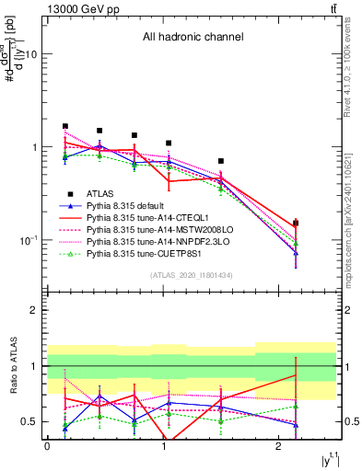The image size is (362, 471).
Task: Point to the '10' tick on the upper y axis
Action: (x=29, y=54)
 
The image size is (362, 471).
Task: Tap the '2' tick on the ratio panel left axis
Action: (x=34, y=311)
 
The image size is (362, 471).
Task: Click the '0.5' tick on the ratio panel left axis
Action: (x=29, y=421)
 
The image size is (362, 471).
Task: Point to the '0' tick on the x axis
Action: (x=47, y=446)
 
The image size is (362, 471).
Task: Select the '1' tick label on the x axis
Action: (x=163, y=446)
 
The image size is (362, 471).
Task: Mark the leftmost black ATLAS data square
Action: (x=64, y=126)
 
